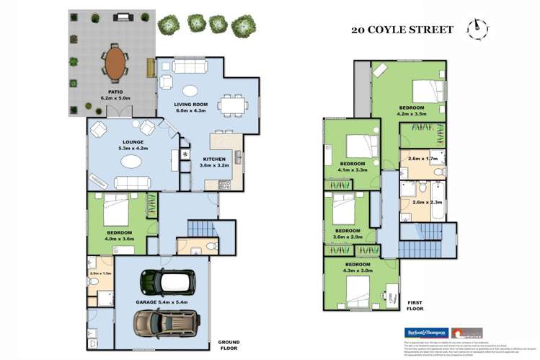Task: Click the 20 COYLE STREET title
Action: [402, 30]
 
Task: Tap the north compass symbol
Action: [475, 28]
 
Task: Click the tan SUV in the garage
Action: [161, 320]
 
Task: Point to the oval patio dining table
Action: [114, 63]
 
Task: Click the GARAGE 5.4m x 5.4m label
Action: [163, 302]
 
